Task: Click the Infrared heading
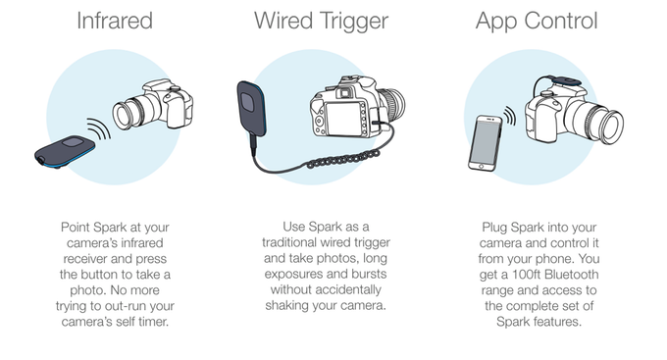point(115,21)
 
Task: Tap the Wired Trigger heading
point(321,22)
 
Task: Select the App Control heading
point(537,22)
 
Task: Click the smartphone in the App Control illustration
point(486,143)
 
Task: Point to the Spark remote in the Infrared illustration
point(65,151)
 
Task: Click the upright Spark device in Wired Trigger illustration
point(252,109)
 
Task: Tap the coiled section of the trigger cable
point(343,158)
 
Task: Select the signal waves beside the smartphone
point(510,116)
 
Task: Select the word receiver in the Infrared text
point(84,259)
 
